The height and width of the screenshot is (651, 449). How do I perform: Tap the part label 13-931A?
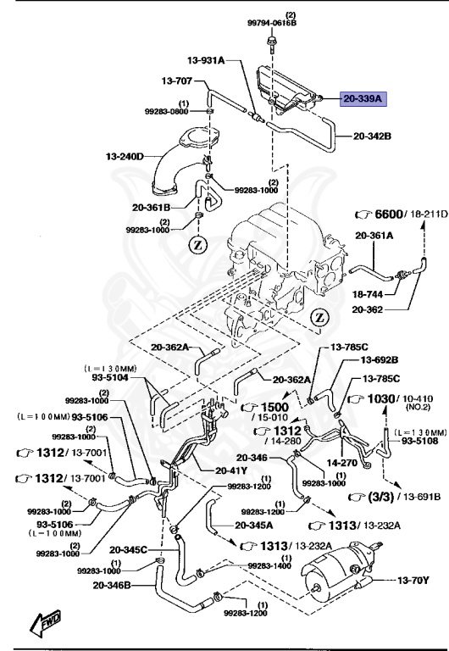206,60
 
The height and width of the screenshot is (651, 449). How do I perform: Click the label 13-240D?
125,156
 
